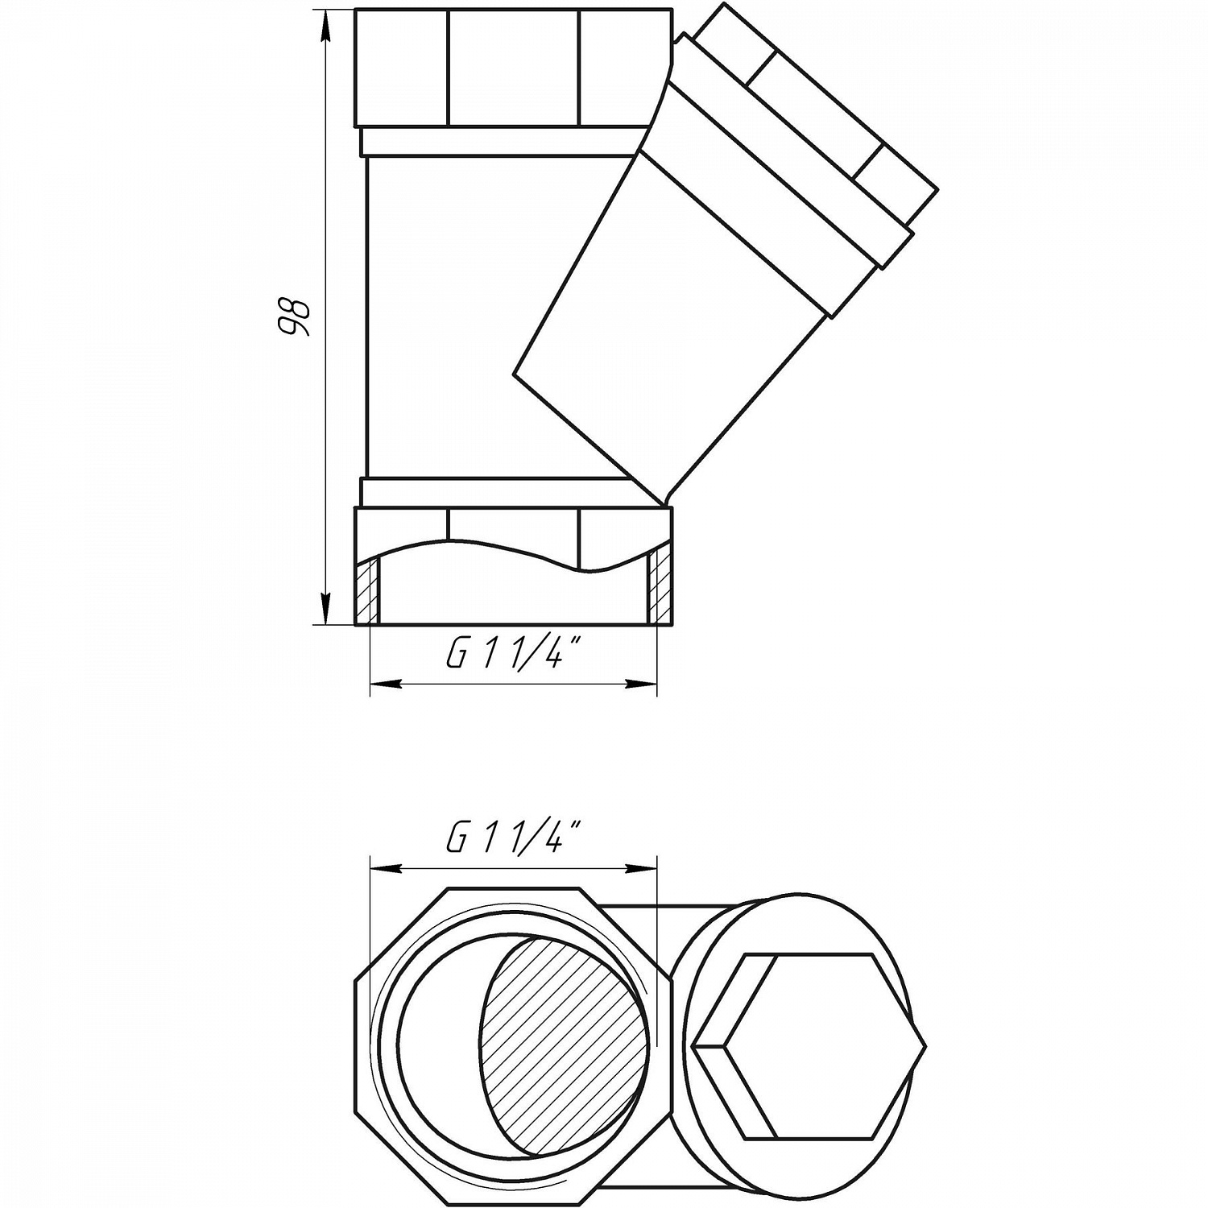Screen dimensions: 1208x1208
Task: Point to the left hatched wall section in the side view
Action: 368,591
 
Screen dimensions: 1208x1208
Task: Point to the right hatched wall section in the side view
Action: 659,588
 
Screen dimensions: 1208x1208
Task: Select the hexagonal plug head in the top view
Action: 809,1046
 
